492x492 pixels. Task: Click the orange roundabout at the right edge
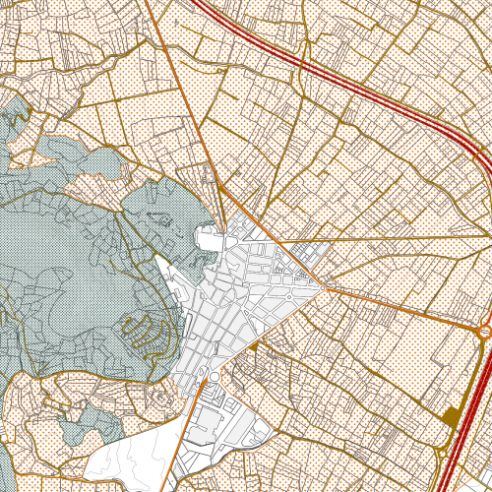[x=484, y=333]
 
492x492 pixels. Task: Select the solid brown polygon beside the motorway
[x=452, y=415]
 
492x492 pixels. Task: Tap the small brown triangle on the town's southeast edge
[x=253, y=346]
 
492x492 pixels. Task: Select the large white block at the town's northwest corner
[x=209, y=238]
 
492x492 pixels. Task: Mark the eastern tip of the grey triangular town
[x=324, y=285]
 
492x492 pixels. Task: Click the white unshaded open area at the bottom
[x=128, y=462]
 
